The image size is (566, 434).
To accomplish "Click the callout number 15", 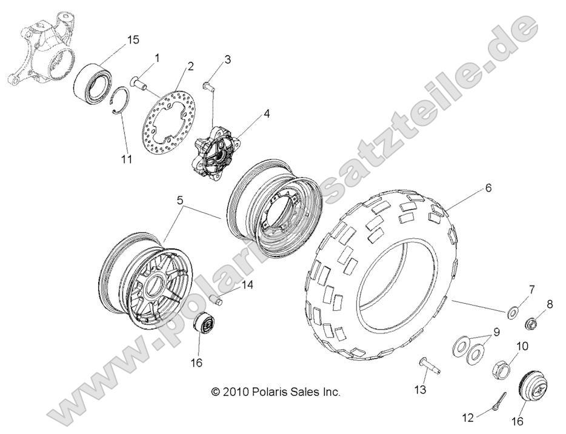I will point(133,40).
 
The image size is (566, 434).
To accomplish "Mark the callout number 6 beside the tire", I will point(488,188).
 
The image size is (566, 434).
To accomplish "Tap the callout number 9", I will point(495,332).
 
